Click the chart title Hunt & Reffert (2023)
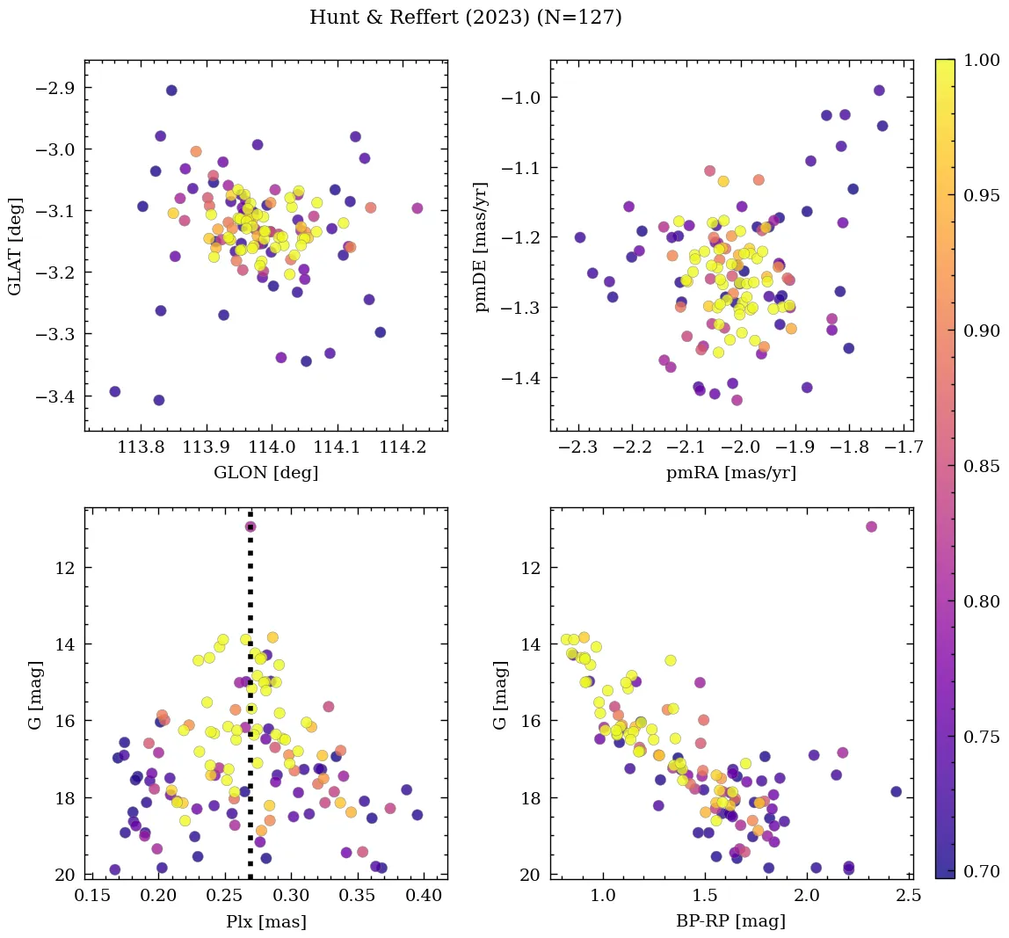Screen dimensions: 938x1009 point(466,18)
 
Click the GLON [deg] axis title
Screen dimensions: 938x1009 point(265,473)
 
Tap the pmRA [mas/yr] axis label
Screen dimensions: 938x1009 point(731,473)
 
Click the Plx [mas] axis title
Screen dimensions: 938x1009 point(265,921)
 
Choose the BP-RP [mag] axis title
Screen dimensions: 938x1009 point(731,921)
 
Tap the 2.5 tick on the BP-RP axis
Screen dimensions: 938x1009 point(908,896)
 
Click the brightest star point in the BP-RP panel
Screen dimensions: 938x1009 point(871,527)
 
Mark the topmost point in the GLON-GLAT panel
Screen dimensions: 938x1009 point(171,91)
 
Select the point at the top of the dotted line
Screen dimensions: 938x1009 point(250,527)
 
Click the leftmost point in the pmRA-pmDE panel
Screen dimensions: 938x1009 point(580,237)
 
